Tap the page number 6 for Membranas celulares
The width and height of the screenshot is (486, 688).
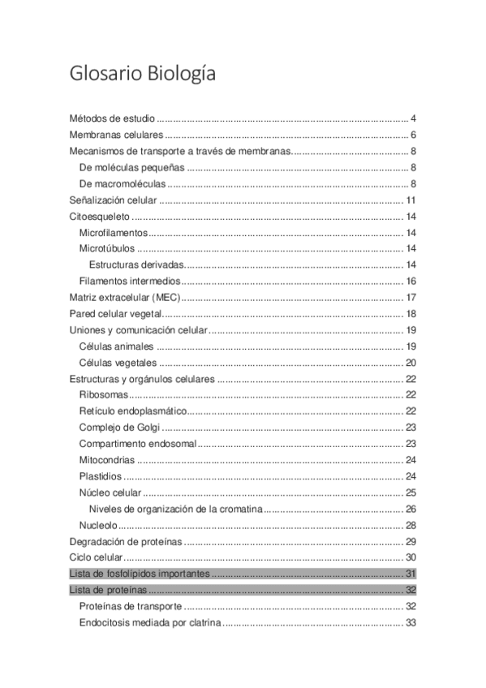pyautogui.click(x=413, y=135)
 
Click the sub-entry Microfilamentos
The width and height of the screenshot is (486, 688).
pyautogui.click(x=114, y=233)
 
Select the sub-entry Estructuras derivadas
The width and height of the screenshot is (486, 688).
pyautogui.click(x=137, y=265)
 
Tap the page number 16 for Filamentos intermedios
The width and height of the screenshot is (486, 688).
pyautogui.click(x=411, y=282)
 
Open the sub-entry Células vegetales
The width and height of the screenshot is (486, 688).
pyautogui.click(x=118, y=363)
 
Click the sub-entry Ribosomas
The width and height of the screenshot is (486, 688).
pyautogui.click(x=103, y=395)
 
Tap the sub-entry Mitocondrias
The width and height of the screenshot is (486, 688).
pyautogui.click(x=107, y=460)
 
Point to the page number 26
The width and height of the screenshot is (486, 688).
pyautogui.click(x=411, y=509)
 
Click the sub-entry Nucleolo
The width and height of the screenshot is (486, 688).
pyautogui.click(x=99, y=525)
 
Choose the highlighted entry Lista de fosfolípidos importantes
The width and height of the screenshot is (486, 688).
pyautogui.click(x=140, y=574)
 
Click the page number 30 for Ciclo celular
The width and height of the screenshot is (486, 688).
pyautogui.click(x=411, y=557)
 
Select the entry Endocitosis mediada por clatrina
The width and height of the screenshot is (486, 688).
pyautogui.click(x=150, y=622)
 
